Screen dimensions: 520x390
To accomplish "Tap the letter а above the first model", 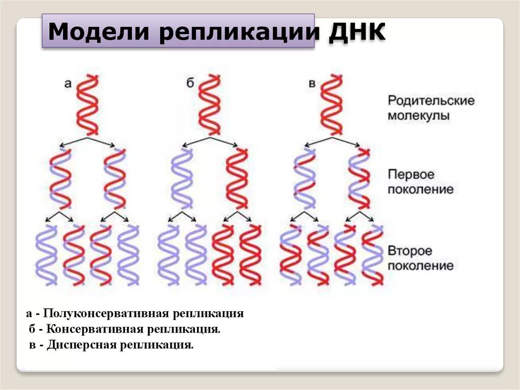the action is pyautogui.click(x=68, y=83).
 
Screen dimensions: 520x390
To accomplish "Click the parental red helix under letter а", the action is pyautogui.click(x=88, y=105).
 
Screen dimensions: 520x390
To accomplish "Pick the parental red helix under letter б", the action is pyautogui.click(x=210, y=105).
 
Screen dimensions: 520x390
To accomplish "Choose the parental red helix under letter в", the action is pyautogui.click(x=332, y=105).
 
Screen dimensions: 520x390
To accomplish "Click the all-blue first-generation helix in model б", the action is pyautogui.click(x=182, y=178).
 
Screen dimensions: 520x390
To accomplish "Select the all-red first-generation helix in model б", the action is pyautogui.click(x=237, y=178).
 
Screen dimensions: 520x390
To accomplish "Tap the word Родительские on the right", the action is pyautogui.click(x=431, y=100).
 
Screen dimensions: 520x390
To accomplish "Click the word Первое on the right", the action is pyautogui.click(x=412, y=174).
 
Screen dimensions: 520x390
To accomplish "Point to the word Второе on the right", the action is pyautogui.click(x=410, y=251).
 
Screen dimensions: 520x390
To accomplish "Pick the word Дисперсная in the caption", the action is pyautogui.click(x=82, y=345).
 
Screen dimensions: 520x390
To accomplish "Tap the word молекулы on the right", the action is pyautogui.click(x=419, y=115).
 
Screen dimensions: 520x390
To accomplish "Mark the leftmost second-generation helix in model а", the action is pyautogui.click(x=47, y=254).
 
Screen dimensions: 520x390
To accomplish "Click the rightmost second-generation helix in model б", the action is pyautogui.click(x=250, y=254).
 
